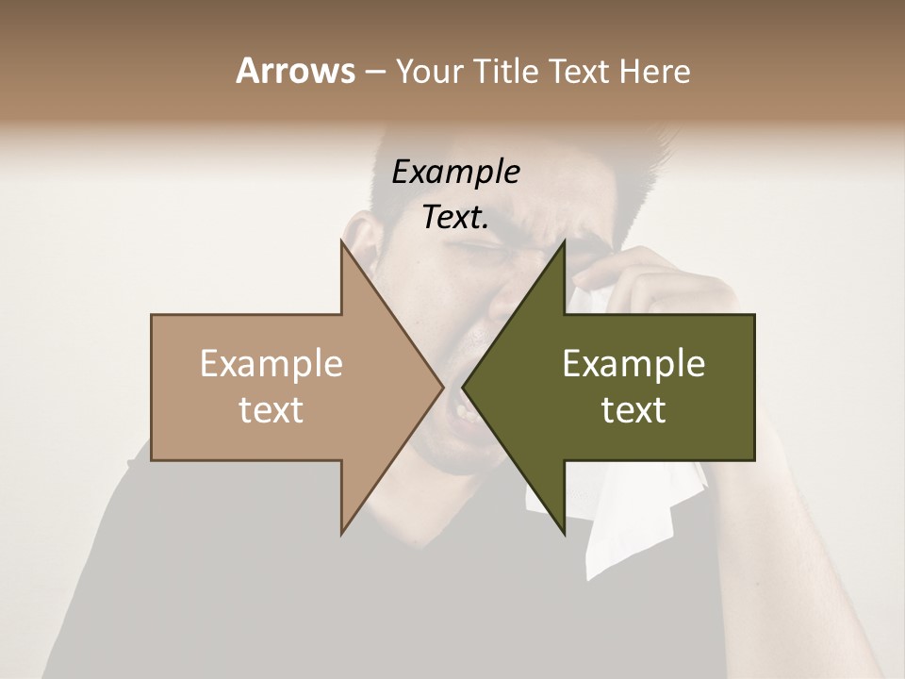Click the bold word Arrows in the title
[295, 71]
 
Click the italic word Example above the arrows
[455, 172]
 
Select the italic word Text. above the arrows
[455, 218]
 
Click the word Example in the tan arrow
[271, 363]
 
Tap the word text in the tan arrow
[271, 409]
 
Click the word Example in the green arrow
[633, 363]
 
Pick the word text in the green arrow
[633, 409]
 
